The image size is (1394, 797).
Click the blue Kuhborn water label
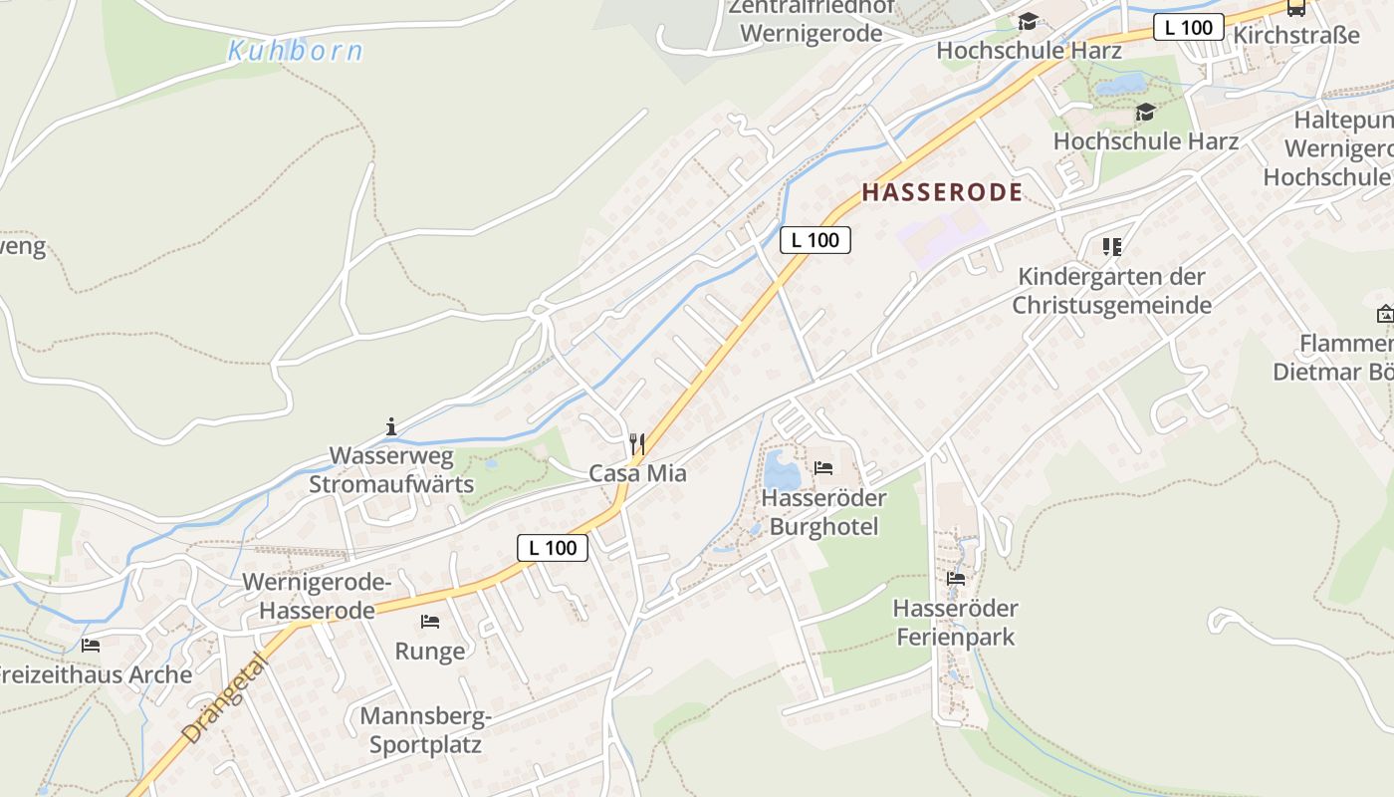pyautogui.click(x=295, y=50)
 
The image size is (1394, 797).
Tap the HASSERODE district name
pyautogui.click(x=942, y=192)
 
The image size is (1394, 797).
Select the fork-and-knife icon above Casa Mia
pyautogui.click(x=637, y=443)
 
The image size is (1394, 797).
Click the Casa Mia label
pyautogui.click(x=637, y=473)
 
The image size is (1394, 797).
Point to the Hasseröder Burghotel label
pyautogui.click(x=823, y=512)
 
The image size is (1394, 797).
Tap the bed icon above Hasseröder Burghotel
pyautogui.click(x=823, y=468)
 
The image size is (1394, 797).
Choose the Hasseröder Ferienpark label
pyautogui.click(x=956, y=623)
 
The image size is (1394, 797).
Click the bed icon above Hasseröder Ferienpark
pyautogui.click(x=956, y=579)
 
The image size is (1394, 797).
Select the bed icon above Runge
pyautogui.click(x=430, y=622)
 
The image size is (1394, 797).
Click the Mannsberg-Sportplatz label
pyautogui.click(x=425, y=730)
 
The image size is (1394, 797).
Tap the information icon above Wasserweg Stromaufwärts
pyautogui.click(x=390, y=427)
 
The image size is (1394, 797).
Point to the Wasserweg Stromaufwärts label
pyautogui.click(x=391, y=471)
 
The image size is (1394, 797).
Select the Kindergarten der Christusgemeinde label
pyautogui.click(x=1111, y=291)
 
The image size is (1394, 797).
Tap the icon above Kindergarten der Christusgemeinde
pyautogui.click(x=1111, y=247)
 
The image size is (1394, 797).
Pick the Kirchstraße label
pyautogui.click(x=1295, y=36)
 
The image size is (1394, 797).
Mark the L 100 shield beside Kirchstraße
pyautogui.click(x=1188, y=28)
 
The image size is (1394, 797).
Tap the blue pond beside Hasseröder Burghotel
pyautogui.click(x=781, y=468)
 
